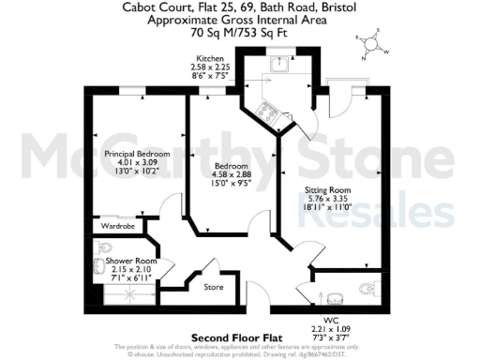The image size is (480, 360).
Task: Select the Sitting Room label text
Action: click(327, 190)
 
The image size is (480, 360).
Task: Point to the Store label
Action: click(215, 287)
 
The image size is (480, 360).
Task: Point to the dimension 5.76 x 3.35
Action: click(327, 200)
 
